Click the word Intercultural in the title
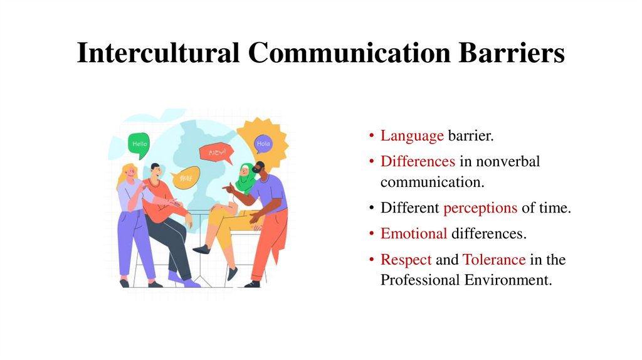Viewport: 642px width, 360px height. coord(157,52)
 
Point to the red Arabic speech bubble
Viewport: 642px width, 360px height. coord(216,152)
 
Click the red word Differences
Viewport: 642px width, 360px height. coord(418,162)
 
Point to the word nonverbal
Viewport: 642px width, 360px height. coord(507,162)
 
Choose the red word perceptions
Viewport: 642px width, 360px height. coord(480,208)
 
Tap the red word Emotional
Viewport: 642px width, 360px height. coord(414,234)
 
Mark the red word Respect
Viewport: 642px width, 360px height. coord(406,260)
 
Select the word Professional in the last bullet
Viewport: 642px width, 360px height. coord(420,280)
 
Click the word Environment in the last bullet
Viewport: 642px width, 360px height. coord(508,280)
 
